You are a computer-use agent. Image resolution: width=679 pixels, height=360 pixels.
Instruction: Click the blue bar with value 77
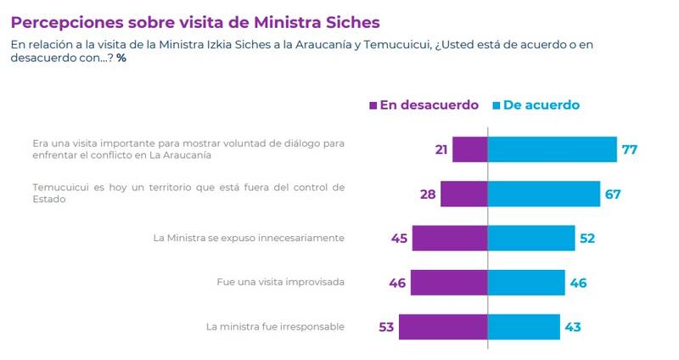point(552,149)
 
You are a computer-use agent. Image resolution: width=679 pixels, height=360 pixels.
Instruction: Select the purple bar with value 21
point(469,149)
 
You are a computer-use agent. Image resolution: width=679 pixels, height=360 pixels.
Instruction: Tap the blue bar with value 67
point(544,194)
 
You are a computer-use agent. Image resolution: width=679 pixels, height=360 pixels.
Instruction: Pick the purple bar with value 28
point(464,194)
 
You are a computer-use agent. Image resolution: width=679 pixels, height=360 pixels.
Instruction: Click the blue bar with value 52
point(531,238)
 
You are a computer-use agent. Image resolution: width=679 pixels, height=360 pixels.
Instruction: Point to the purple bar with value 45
point(450,238)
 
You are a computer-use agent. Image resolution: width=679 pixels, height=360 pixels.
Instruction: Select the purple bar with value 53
point(443,327)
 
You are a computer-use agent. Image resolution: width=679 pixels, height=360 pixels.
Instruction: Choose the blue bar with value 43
point(524,327)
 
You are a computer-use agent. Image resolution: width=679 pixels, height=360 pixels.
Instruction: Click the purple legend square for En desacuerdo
point(373,106)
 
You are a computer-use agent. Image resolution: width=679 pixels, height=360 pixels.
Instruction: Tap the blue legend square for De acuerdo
point(497,106)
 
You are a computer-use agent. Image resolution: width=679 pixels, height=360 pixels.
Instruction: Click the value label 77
point(628,150)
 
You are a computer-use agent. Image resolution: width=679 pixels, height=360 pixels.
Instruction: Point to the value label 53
point(387,328)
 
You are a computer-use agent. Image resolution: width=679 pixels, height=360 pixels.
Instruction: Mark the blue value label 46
point(579,283)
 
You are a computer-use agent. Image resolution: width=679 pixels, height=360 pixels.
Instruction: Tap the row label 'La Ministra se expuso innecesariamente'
point(249,238)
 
